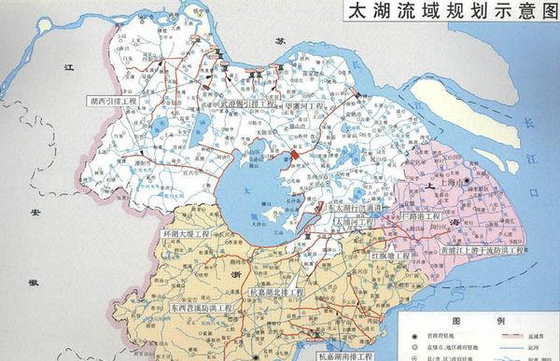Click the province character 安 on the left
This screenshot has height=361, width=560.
tap(35, 214)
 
